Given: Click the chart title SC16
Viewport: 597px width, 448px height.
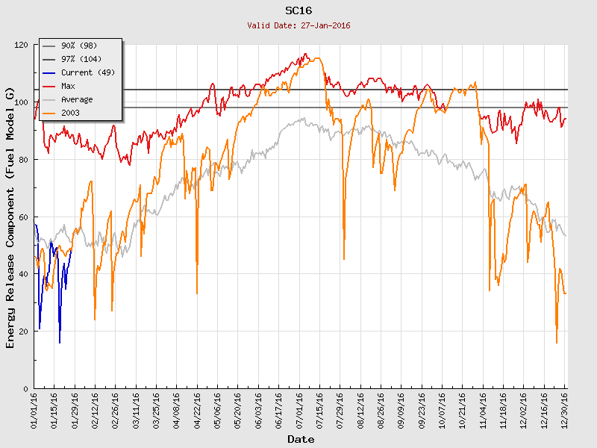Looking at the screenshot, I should [x=298, y=11].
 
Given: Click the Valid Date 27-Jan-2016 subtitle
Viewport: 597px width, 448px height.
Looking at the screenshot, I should [x=298, y=25].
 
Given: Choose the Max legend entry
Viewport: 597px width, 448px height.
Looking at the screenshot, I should [x=69, y=87].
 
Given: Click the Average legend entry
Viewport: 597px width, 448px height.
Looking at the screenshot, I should [x=77, y=100].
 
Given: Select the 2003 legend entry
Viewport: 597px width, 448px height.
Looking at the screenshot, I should [x=72, y=113].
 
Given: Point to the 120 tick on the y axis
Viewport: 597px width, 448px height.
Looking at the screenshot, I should [x=20, y=46].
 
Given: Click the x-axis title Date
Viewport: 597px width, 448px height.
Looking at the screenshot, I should [x=301, y=440].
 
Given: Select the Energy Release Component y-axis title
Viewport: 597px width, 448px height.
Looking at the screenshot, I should [x=10, y=217].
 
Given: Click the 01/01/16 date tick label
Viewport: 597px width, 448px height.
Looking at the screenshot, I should [x=35, y=409].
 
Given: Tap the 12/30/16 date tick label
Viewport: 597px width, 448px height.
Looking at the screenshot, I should [x=565, y=409].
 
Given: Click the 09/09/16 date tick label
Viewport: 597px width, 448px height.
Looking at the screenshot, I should [x=401, y=409].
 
